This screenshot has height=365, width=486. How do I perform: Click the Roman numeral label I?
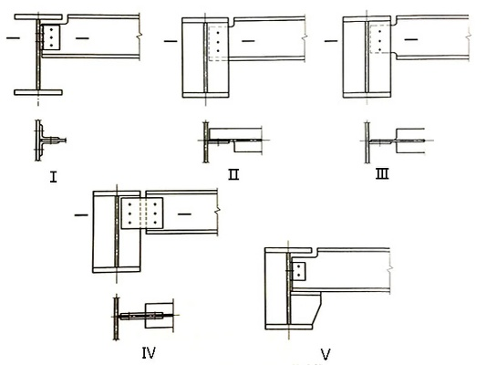pyautogui.click(x=53, y=177)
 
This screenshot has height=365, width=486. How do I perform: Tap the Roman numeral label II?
pyautogui.click(x=233, y=174)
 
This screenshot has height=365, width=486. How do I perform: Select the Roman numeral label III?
pyautogui.click(x=382, y=174)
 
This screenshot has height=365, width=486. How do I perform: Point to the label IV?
pyautogui.click(x=149, y=352)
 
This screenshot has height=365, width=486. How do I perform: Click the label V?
pyautogui.click(x=326, y=354)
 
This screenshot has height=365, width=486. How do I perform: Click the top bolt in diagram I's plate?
pyautogui.click(x=51, y=30)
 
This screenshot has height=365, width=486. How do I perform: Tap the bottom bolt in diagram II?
pyautogui.click(x=218, y=50)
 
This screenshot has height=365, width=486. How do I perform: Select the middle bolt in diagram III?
pyautogui.click(x=379, y=40)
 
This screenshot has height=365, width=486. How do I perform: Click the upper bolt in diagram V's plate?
pyautogui.click(x=299, y=266)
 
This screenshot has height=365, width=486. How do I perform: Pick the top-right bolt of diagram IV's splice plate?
pyautogui.click(x=154, y=204)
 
